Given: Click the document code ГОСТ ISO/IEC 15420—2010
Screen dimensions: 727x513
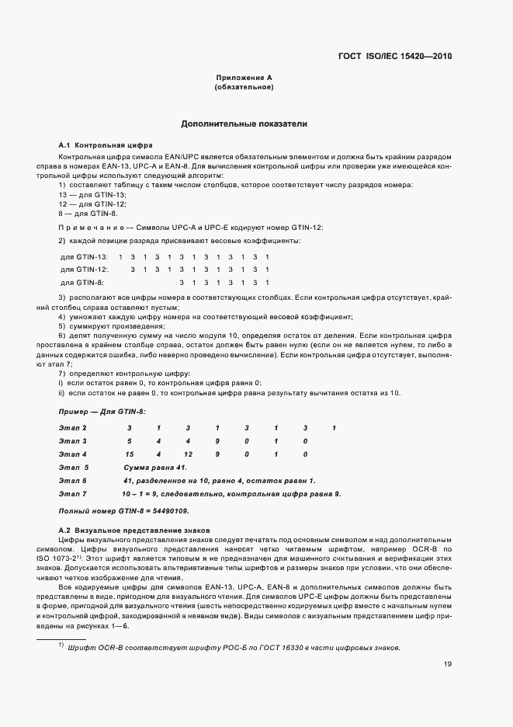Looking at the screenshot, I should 395,56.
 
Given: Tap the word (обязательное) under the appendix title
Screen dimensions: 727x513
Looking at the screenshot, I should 243,88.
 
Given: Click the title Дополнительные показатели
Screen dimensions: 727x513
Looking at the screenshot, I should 244,123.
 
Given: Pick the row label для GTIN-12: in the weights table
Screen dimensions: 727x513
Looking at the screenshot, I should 85,269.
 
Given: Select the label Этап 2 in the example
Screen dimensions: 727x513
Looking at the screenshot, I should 73,428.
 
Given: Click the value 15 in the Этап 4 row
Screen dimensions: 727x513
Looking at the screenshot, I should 130,454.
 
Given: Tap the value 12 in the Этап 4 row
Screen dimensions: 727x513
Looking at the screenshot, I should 188,454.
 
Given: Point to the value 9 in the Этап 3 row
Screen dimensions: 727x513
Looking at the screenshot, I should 217,441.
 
